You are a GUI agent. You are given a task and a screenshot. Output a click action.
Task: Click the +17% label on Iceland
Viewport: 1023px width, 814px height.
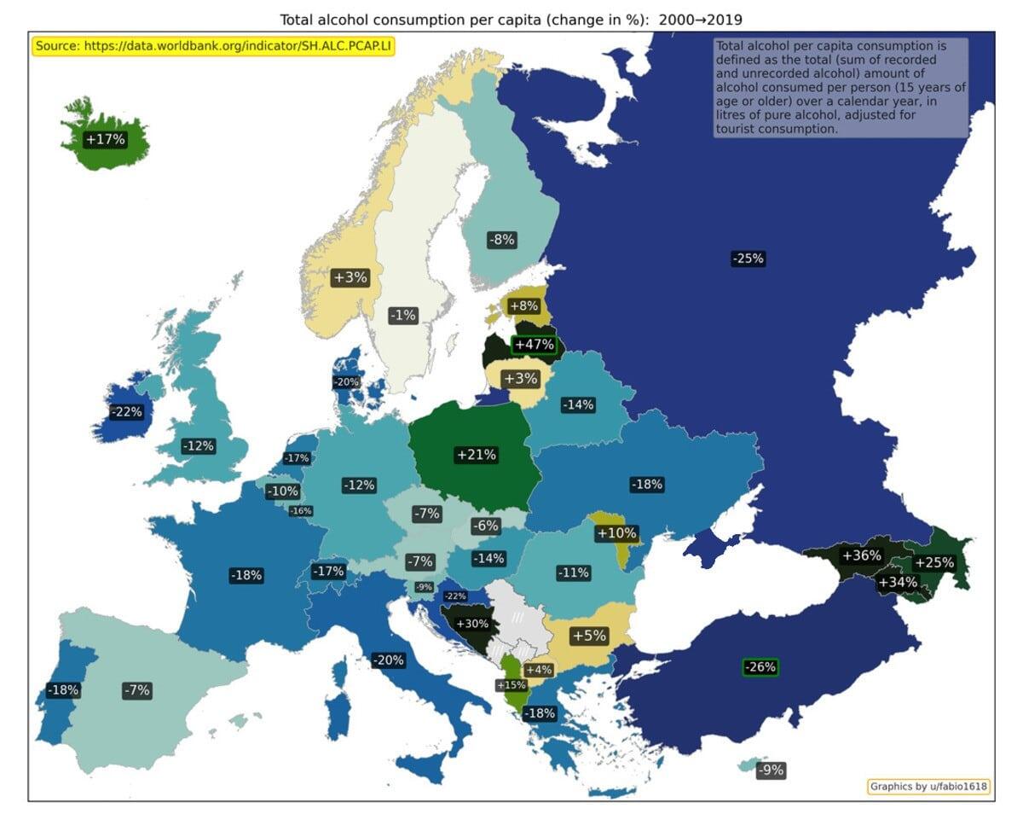tap(106, 139)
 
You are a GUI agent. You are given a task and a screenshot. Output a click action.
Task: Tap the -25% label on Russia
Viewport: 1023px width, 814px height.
tap(748, 259)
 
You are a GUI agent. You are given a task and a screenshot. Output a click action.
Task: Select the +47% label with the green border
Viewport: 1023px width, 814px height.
tap(535, 346)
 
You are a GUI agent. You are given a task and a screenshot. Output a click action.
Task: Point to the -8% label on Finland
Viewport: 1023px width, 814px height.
tap(501, 240)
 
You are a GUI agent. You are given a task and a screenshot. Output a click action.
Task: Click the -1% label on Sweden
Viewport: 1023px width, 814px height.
tap(402, 315)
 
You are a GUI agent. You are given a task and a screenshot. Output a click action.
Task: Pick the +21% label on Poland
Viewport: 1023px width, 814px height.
tap(477, 455)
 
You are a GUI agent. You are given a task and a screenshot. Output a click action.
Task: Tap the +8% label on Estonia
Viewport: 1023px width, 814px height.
tap(523, 305)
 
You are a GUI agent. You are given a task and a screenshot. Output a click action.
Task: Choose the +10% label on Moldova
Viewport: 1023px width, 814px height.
tap(616, 533)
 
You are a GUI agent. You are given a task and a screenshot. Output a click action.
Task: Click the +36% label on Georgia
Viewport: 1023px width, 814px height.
tap(861, 555)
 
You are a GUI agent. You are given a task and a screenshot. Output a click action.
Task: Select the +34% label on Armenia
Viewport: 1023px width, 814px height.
tap(898, 582)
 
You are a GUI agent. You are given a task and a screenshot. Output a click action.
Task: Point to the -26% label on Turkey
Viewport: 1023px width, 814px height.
tap(760, 667)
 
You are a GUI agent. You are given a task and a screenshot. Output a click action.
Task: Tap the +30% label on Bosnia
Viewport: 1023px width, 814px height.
tap(472, 624)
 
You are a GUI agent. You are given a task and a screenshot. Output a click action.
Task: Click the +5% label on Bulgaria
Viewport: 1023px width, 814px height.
tap(588, 636)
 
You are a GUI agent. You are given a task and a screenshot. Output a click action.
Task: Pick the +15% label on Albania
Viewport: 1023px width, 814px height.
tap(511, 685)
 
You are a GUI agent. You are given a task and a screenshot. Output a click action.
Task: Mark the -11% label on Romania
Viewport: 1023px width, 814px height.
tap(573, 573)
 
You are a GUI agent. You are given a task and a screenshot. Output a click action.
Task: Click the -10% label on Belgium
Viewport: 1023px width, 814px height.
tap(282, 491)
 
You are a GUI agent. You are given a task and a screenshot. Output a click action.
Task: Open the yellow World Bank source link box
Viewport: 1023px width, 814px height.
tap(214, 46)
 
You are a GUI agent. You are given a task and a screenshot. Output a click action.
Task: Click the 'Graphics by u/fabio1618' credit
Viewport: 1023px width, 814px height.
tap(928, 787)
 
